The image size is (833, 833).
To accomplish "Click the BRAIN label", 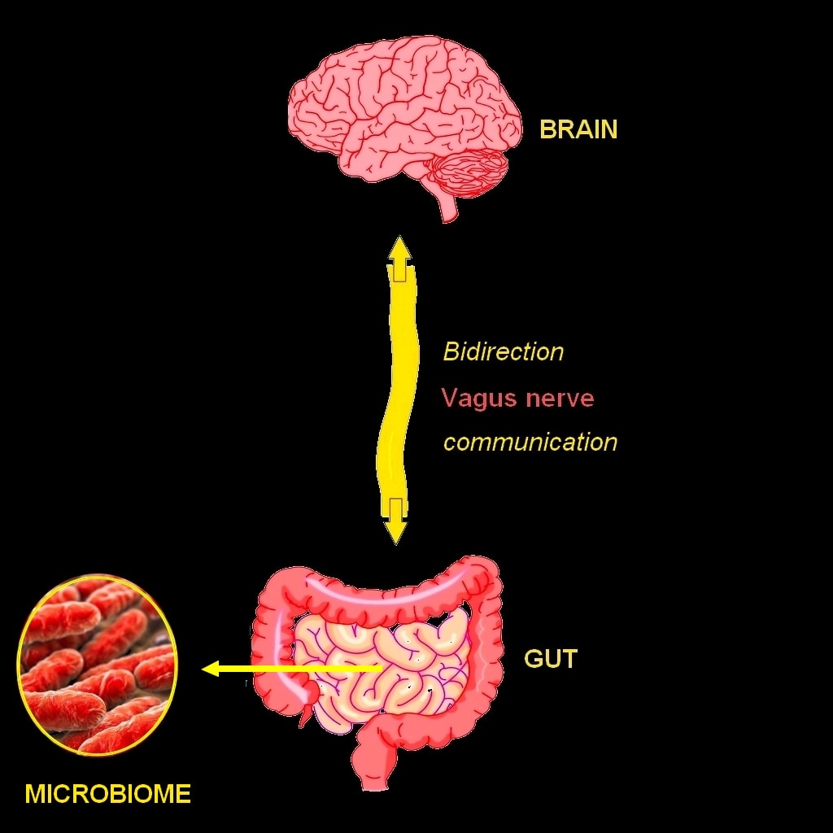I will point(578,129).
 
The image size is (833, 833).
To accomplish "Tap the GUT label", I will point(551,658).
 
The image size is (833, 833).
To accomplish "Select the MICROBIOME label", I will point(108,793).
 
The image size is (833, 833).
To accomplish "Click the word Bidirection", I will point(503,352).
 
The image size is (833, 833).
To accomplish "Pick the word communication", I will point(530,443).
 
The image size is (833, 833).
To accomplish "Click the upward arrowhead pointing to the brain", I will point(399,248).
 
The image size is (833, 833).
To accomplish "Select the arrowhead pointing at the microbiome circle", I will point(210,669).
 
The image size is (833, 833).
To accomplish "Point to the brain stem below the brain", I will point(447,207).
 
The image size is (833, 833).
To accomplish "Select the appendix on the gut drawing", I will point(305,716).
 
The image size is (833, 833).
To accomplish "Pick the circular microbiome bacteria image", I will point(97,665).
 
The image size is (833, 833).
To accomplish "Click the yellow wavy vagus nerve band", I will point(398,390).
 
